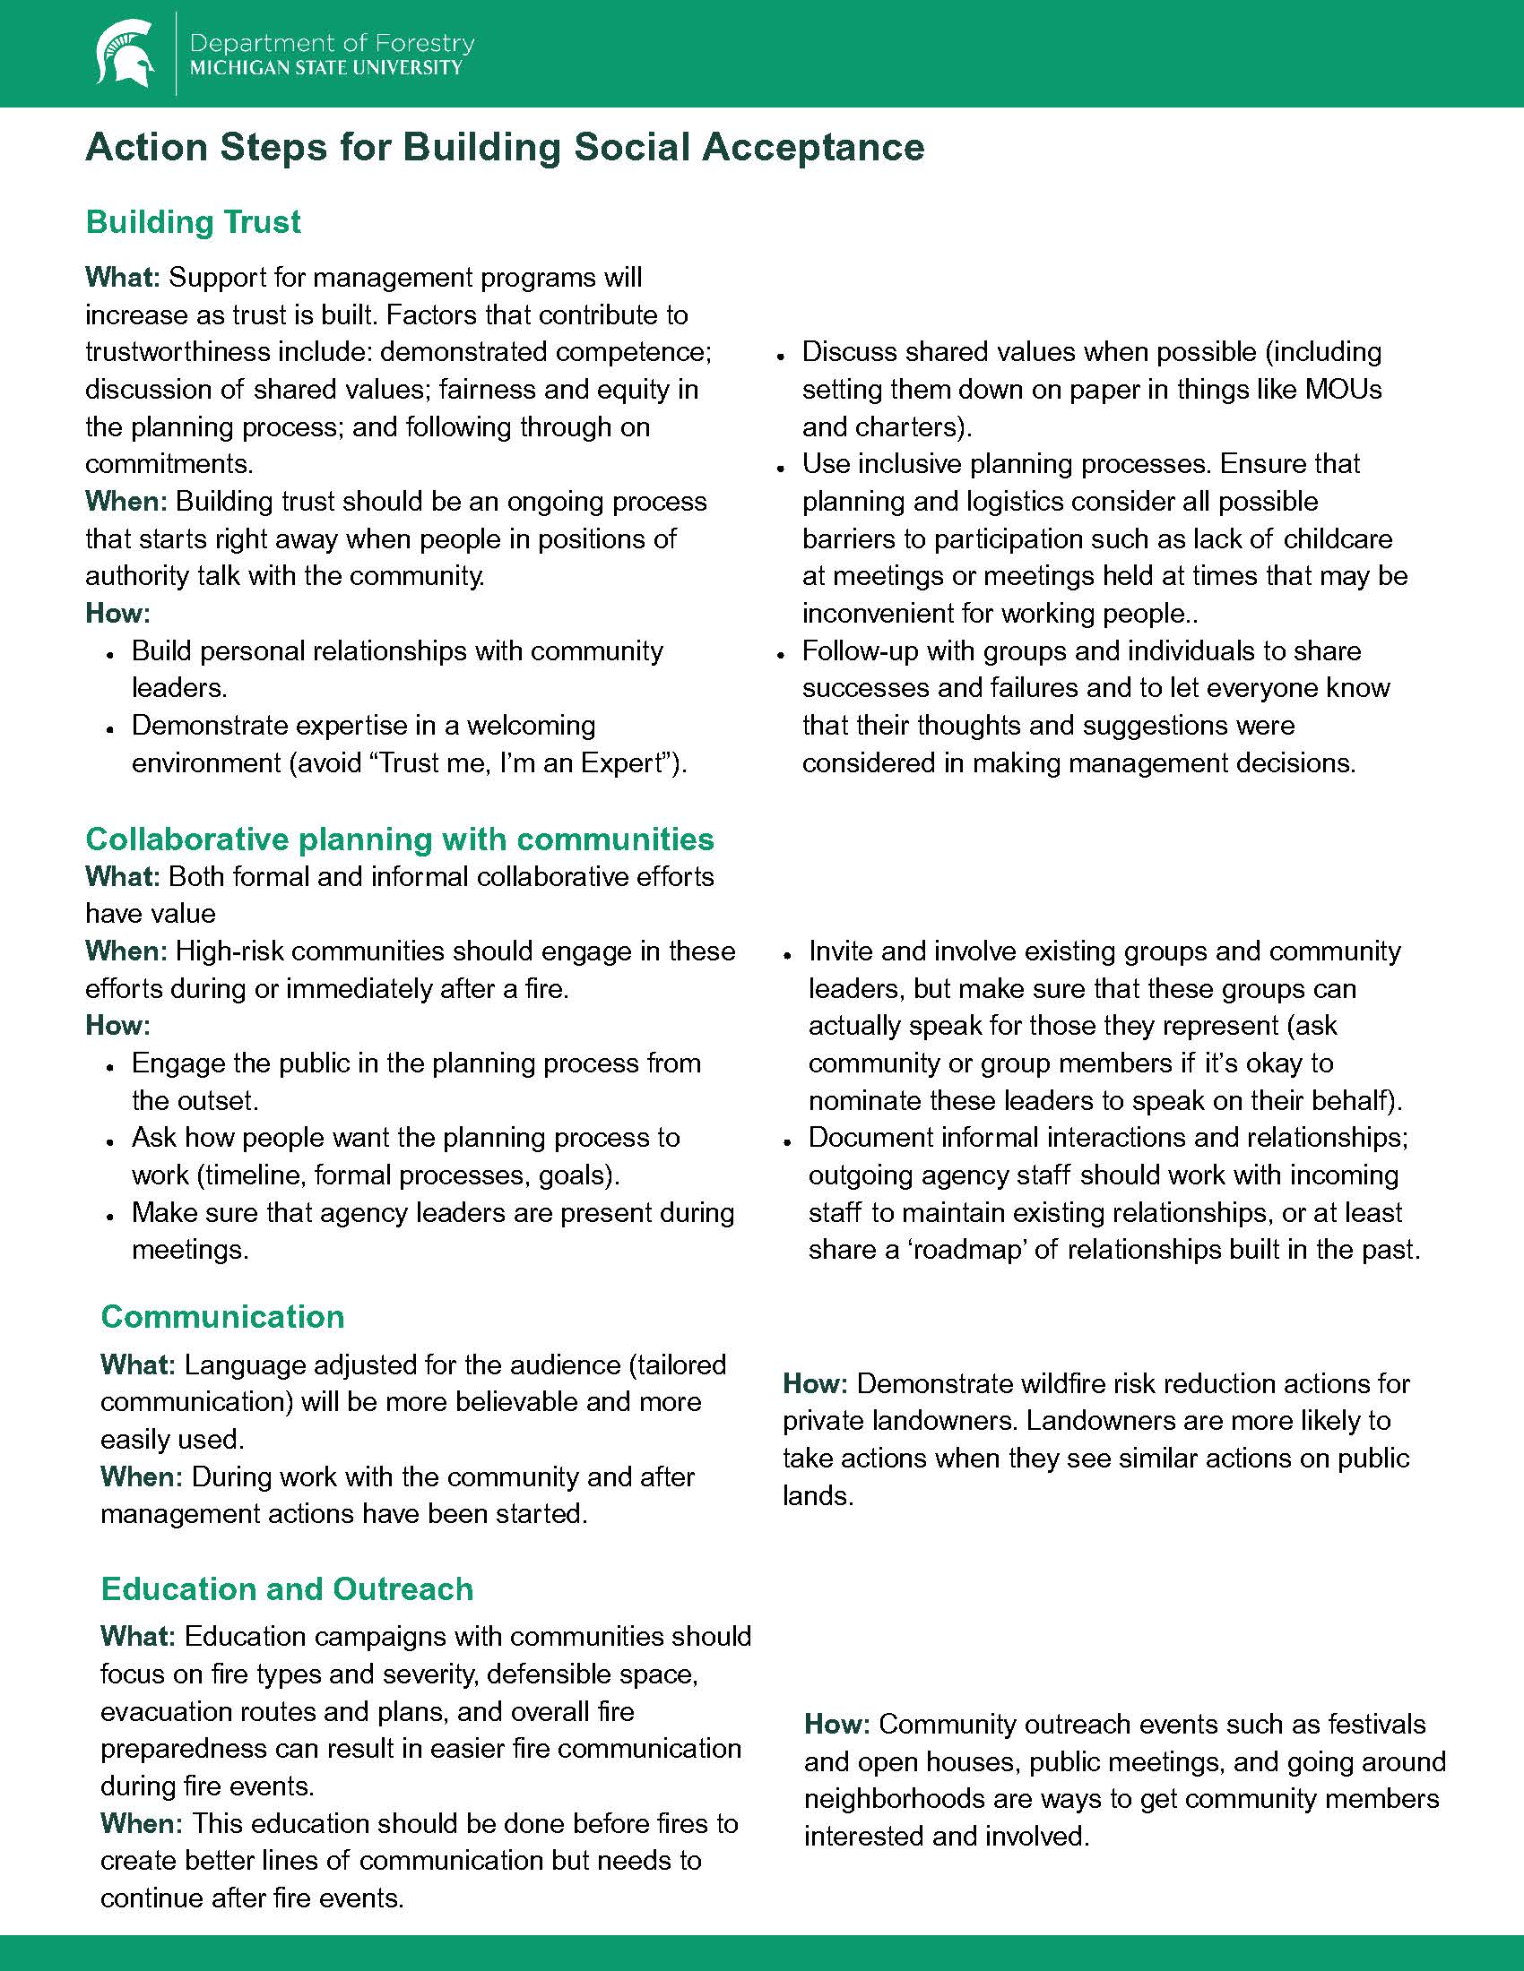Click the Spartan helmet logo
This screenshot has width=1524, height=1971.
coord(125,53)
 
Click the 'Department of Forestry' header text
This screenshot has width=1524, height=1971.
coord(333,43)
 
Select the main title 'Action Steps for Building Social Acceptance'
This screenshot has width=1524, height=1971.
coord(505,147)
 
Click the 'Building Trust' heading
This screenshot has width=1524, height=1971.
coord(194,222)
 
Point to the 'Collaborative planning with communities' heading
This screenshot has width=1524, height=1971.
coord(399,839)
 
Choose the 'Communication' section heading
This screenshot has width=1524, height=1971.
coord(222,1316)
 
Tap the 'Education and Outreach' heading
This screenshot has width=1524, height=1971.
coord(286,1588)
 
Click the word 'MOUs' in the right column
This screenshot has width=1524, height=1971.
coord(1344,390)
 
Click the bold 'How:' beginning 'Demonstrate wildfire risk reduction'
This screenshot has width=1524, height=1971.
coord(814,1383)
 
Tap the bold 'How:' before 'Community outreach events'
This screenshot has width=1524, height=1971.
coord(836,1724)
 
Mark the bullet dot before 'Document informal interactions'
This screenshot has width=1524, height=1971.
coord(787,1140)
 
